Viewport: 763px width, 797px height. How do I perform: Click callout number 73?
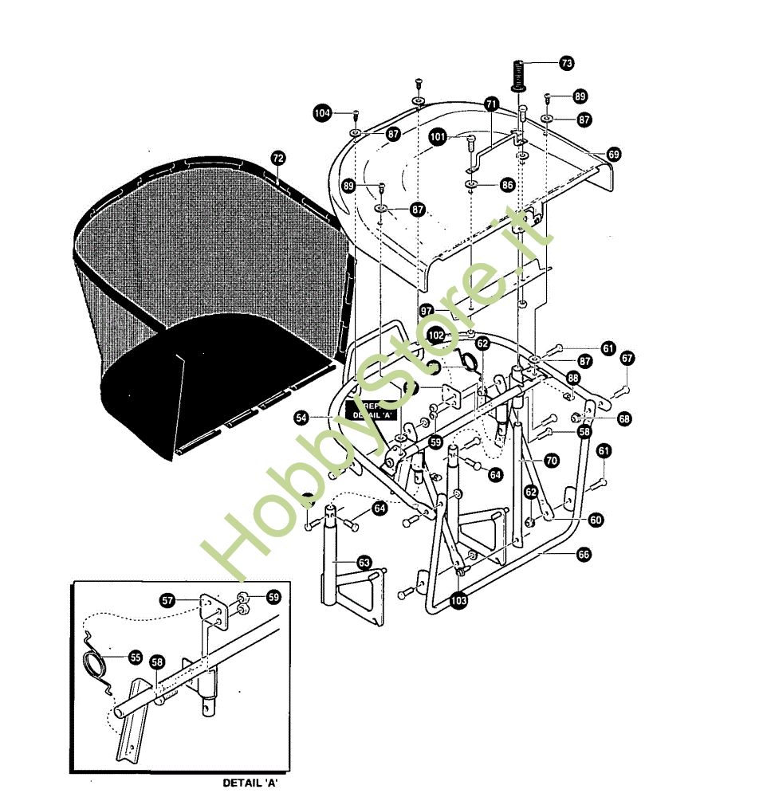[x=566, y=62]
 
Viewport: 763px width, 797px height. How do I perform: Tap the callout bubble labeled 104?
[x=322, y=114]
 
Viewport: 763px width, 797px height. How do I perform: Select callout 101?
[x=438, y=136]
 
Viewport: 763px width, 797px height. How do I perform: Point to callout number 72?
[x=277, y=158]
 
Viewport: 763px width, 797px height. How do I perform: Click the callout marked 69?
[x=613, y=153]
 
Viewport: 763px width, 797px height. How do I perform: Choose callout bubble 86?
[x=507, y=184]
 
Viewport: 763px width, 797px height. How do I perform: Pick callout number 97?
[x=427, y=309]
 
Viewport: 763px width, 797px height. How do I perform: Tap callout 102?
[x=435, y=336]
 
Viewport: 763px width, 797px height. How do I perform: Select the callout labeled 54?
[x=301, y=417]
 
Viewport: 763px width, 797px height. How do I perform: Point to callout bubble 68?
[x=623, y=418]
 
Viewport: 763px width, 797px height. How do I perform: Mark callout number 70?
[x=551, y=461]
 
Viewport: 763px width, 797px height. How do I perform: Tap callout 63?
[x=364, y=563]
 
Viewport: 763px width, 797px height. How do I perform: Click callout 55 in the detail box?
[x=135, y=658]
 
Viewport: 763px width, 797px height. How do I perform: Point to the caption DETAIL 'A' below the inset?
[x=250, y=783]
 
